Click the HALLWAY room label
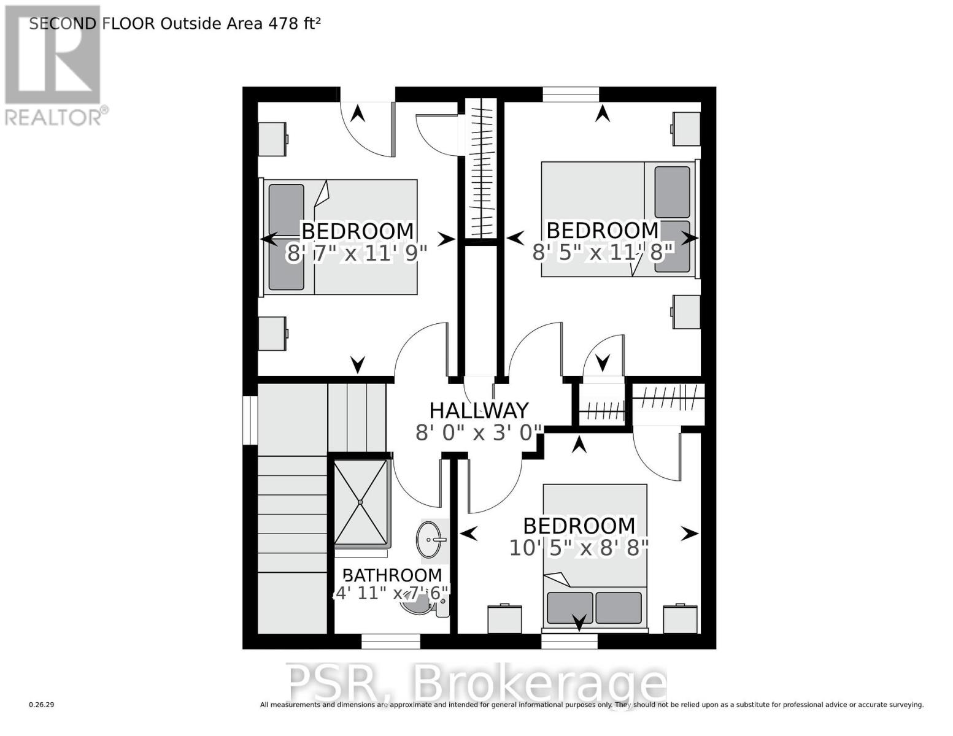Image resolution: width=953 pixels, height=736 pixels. click(x=479, y=410)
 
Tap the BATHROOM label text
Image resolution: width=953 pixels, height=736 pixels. click(x=392, y=575)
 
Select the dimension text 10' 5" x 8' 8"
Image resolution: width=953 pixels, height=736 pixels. click(x=579, y=548)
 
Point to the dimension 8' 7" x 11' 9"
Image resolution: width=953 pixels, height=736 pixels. click(x=356, y=253)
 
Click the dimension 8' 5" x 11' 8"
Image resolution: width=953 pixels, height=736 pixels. click(x=603, y=252)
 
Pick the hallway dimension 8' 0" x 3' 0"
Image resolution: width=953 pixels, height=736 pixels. click(x=479, y=433)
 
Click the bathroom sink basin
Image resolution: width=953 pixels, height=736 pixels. click(x=430, y=540)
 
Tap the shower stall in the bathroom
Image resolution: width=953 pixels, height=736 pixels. click(x=361, y=502)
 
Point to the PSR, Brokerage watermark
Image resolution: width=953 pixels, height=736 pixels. click(x=477, y=682)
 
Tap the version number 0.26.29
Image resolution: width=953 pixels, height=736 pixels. click(x=42, y=705)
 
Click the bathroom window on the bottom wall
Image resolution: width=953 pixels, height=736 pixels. click(x=390, y=642)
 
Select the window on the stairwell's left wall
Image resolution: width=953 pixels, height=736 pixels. click(x=250, y=420)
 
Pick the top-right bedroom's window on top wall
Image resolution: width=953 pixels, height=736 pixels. click(x=571, y=94)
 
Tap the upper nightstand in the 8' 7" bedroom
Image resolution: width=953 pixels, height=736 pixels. click(x=272, y=139)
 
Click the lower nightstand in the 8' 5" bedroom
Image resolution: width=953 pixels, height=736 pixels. click(x=686, y=312)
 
